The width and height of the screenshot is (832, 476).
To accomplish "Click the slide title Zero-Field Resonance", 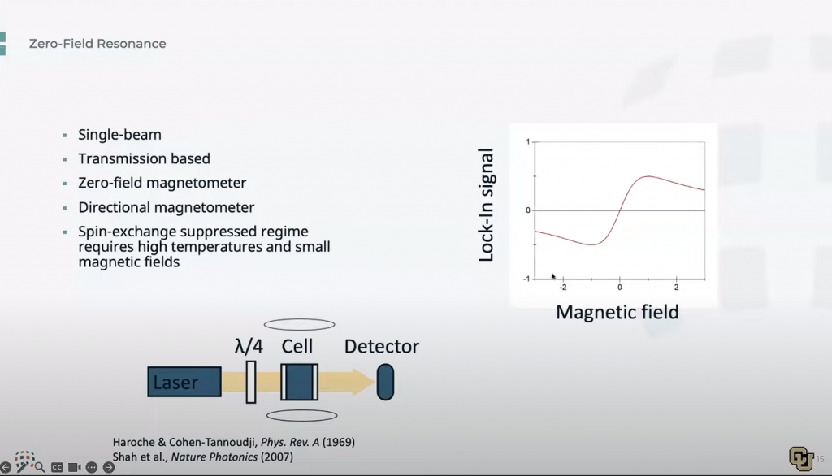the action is pos(97,44).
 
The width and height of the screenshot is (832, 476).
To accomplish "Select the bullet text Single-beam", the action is pos(120,135).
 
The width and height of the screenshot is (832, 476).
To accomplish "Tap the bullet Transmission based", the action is pos(145,158).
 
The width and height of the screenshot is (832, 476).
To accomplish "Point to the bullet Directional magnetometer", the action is pos(167,207).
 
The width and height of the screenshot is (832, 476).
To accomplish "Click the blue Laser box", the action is pos(184,382).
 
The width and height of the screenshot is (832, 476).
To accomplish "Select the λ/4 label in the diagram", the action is pos(249,347).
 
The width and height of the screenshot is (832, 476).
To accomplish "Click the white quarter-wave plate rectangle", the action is pos(251,382).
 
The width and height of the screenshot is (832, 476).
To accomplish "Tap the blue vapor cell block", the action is pos(300,382).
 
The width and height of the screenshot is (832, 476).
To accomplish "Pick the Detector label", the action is pos(382,347).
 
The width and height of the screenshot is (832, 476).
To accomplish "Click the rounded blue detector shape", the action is pos(386,382).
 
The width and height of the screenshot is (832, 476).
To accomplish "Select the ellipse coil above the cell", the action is pos(299,324).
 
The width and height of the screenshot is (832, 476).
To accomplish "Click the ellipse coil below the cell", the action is pos(302,416).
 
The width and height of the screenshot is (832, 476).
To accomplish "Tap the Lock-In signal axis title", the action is pos(486,205).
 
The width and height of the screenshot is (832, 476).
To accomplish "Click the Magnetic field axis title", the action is pos(617,312).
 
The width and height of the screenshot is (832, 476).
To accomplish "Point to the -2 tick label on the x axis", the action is pos(562,288).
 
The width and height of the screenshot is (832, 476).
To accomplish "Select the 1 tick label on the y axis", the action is pos(528,141).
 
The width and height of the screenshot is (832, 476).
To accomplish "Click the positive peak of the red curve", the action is pos(648,176).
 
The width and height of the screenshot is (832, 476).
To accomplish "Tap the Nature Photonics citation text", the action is pos(202,457).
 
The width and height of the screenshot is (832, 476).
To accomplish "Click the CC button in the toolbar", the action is pos(57,468).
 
